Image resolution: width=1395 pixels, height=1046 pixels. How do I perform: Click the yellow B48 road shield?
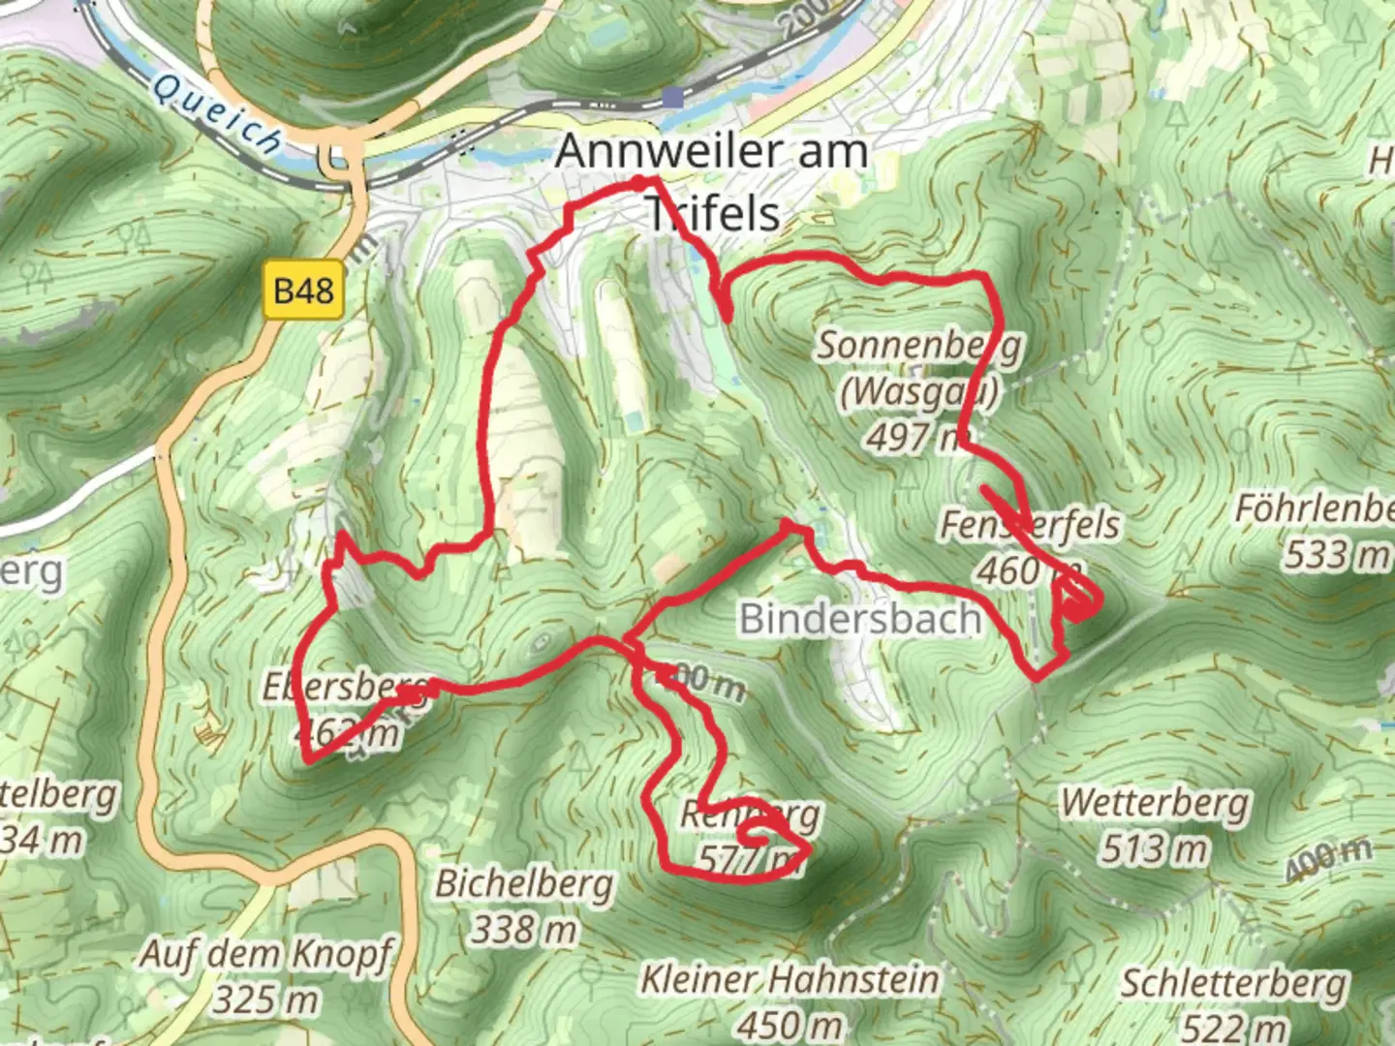(303, 291)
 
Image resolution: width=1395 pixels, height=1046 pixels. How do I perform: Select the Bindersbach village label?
(859, 618)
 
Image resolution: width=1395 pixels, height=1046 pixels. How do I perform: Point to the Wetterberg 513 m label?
(1155, 825)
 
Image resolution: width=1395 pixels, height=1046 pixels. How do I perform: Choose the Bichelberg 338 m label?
(523, 906)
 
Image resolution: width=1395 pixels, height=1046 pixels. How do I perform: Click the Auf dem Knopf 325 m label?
(265, 974)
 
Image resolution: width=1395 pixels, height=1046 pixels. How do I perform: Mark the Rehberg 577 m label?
(748, 835)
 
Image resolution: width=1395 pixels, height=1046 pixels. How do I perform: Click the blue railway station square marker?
(672, 97)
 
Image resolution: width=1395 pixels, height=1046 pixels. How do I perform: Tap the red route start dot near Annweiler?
(638, 182)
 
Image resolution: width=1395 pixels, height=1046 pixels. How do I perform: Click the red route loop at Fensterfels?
(1078, 603)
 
